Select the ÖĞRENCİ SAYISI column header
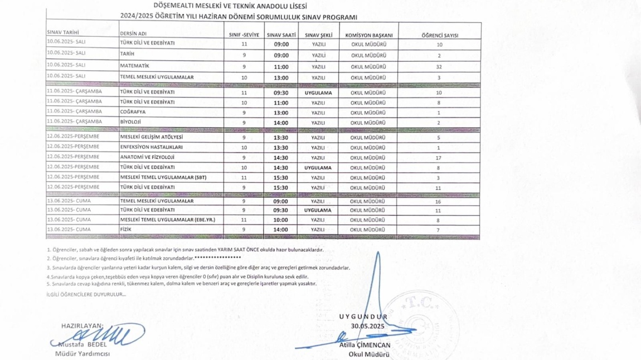[440, 35]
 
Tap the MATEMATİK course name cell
[135, 66]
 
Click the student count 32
[439, 67]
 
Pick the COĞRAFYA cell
[133, 112]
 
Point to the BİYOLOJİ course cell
[131, 121]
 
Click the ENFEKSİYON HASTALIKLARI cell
[151, 147]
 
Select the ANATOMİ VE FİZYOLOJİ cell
[147, 157]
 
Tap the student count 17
[439, 158]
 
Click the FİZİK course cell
[125, 229]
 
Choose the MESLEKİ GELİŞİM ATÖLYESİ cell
[152, 137]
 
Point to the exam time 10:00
[281, 220]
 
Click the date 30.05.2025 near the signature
[368, 325]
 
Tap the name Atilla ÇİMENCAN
[365, 345]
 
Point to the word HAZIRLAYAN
[82, 325]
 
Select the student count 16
[439, 202]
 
